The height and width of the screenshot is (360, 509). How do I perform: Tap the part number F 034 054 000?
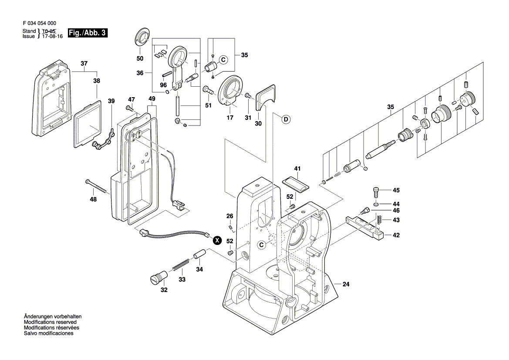pyautogui.click(x=39, y=24)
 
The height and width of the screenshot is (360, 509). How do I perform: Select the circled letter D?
pyautogui.click(x=287, y=119)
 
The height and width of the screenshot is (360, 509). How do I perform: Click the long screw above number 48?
pyautogui.click(x=97, y=185)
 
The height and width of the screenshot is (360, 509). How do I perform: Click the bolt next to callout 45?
pyautogui.click(x=377, y=191)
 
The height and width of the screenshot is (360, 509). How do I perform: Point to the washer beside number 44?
pyautogui.click(x=376, y=204)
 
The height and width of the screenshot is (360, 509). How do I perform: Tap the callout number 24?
pyautogui.click(x=346, y=285)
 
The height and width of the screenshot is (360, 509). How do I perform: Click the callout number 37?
pyautogui.click(x=84, y=64)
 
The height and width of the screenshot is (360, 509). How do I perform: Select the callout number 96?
pyautogui.click(x=163, y=85)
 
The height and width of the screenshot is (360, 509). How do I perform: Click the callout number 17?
pyautogui.click(x=230, y=118)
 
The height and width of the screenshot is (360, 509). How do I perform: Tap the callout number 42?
pyautogui.click(x=396, y=235)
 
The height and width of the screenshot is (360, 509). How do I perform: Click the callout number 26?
pyautogui.click(x=229, y=216)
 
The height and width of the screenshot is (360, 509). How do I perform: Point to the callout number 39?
pyautogui.click(x=111, y=101)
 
